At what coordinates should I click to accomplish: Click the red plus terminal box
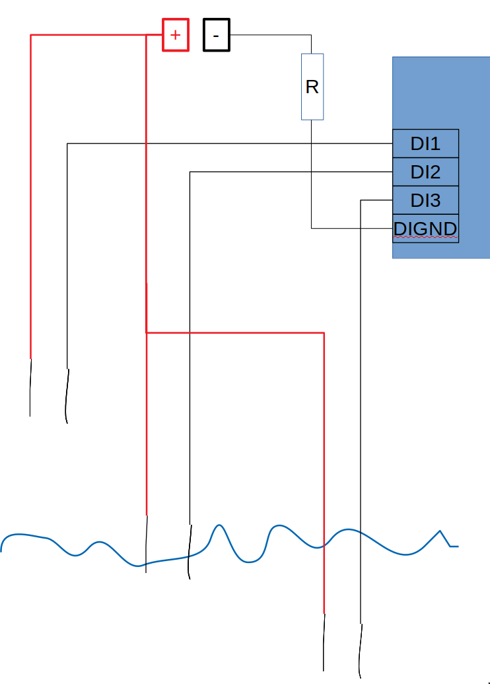[x=176, y=35]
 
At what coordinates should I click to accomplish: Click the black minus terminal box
[x=217, y=35]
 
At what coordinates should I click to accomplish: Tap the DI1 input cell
[x=425, y=143]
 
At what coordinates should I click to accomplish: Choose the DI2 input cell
[x=425, y=172]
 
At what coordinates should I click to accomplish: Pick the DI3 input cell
[x=425, y=200]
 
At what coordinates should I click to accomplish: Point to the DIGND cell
[x=425, y=229]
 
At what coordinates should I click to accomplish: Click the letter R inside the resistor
[x=312, y=87]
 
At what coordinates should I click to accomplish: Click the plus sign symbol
[x=175, y=35]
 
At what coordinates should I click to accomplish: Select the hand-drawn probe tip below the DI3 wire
[x=360, y=651]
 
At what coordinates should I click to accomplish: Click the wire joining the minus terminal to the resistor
[x=271, y=35]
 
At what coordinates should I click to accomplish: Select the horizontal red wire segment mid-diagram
[x=234, y=332]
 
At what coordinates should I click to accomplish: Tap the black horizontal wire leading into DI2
[x=291, y=172]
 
